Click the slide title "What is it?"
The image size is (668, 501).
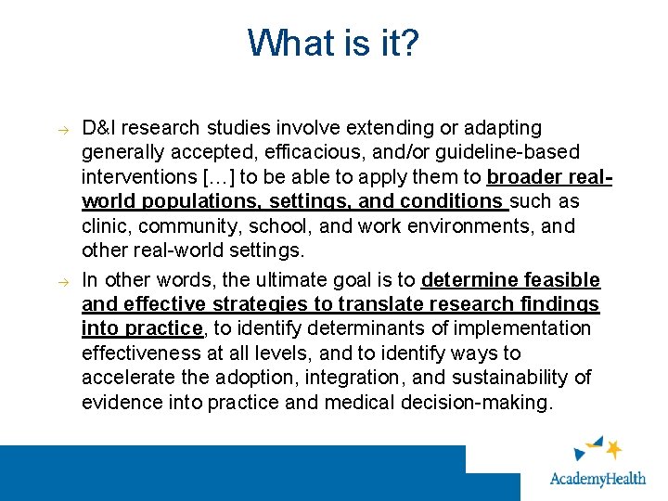333,43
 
